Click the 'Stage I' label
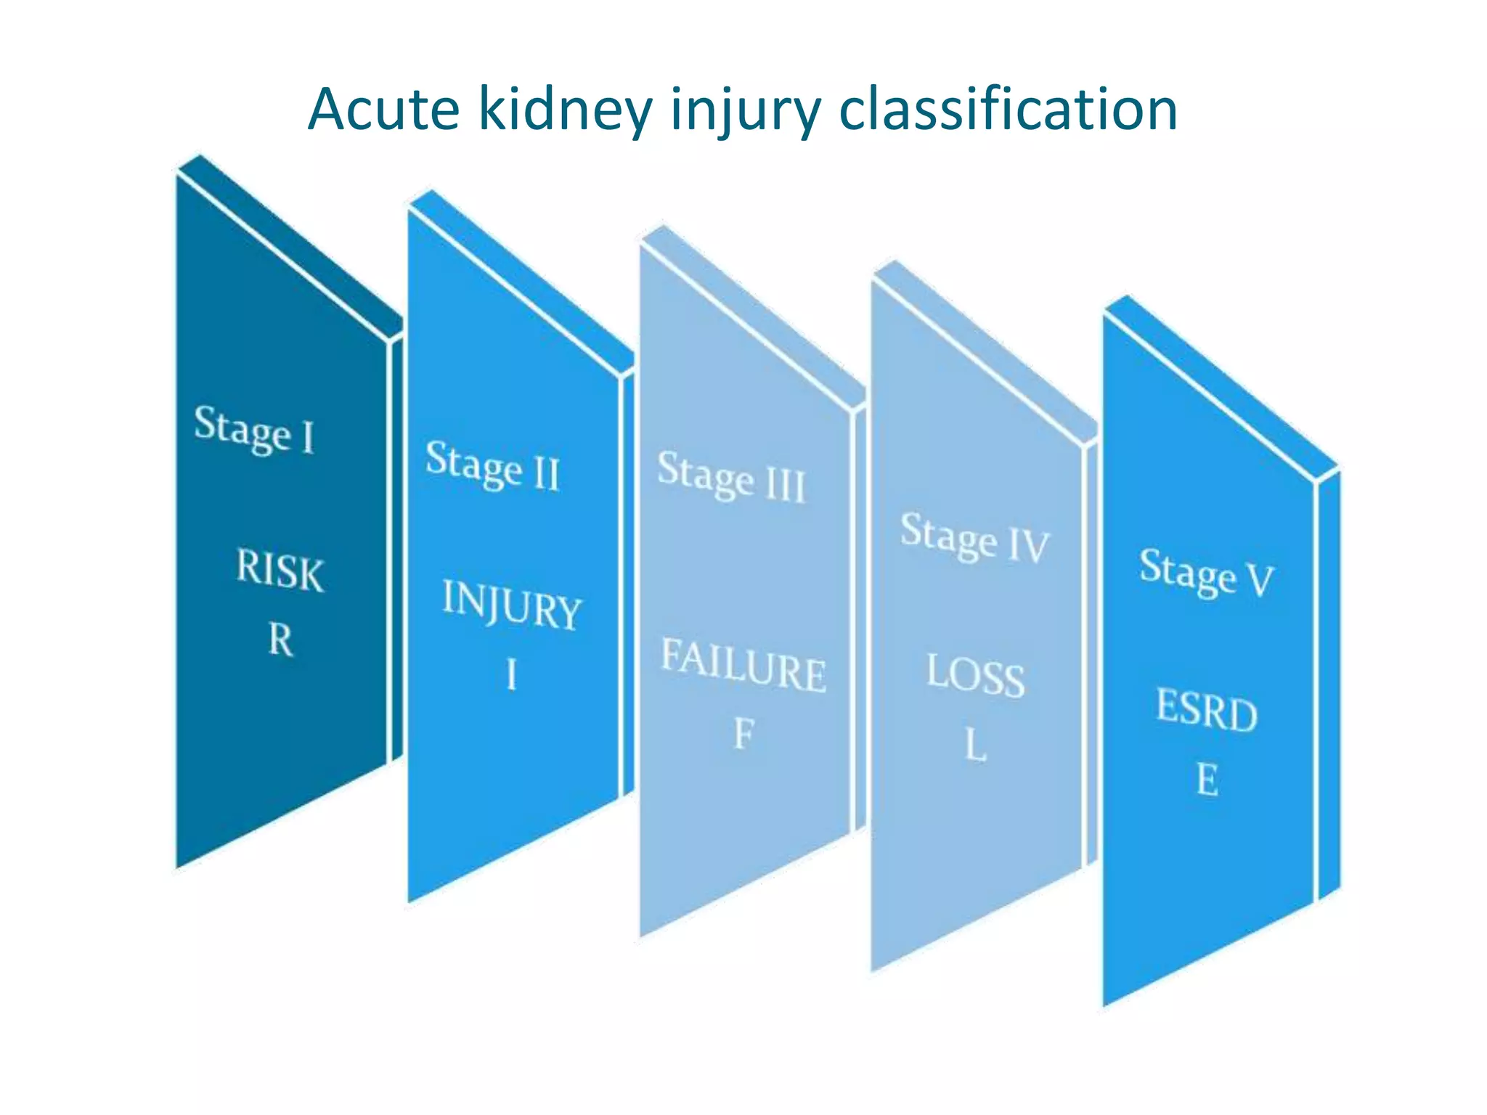click(255, 430)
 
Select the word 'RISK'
click(280, 571)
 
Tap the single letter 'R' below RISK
click(281, 640)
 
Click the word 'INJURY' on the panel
click(512, 605)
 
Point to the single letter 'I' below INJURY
click(512, 674)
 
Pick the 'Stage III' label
click(732, 477)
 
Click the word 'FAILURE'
click(743, 666)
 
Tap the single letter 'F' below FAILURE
click(743, 734)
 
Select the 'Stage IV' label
click(975, 537)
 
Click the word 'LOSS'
click(975, 676)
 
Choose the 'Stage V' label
click(1207, 573)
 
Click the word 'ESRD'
click(1207, 710)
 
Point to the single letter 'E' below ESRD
click(1207, 780)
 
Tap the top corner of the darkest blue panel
click(199, 157)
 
